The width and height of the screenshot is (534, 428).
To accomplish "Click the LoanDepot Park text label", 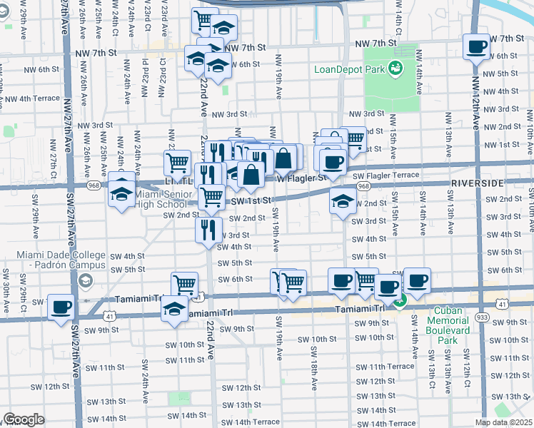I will click(x=347, y=69).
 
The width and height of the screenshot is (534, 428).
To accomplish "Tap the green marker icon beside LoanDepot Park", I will click(x=394, y=68).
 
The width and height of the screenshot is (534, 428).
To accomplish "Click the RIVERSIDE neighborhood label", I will click(x=478, y=183).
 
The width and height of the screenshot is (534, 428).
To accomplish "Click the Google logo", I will click(x=24, y=419).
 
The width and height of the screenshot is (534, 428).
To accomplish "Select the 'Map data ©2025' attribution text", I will click(x=504, y=422).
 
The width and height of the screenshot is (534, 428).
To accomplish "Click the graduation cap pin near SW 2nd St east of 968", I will click(x=343, y=201).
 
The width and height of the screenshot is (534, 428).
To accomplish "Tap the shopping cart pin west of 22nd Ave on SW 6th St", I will click(x=185, y=285).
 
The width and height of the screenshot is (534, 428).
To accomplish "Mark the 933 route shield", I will click(x=502, y=315).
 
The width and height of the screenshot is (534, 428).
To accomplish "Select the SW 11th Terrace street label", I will click(x=385, y=366).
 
